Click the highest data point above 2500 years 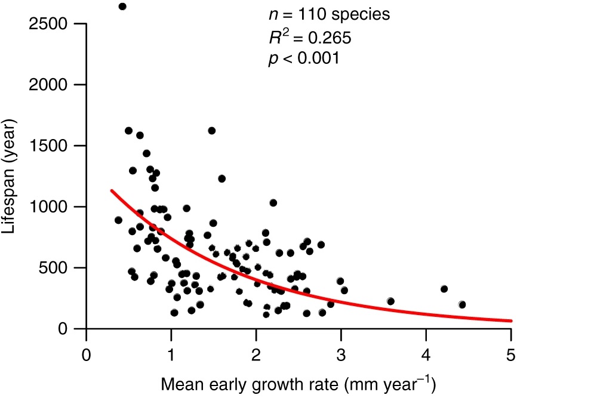pos(122,7)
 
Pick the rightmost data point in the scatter pos(462,304)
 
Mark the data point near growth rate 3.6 pos(390,301)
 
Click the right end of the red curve pos(511,321)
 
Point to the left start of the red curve pos(111,190)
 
